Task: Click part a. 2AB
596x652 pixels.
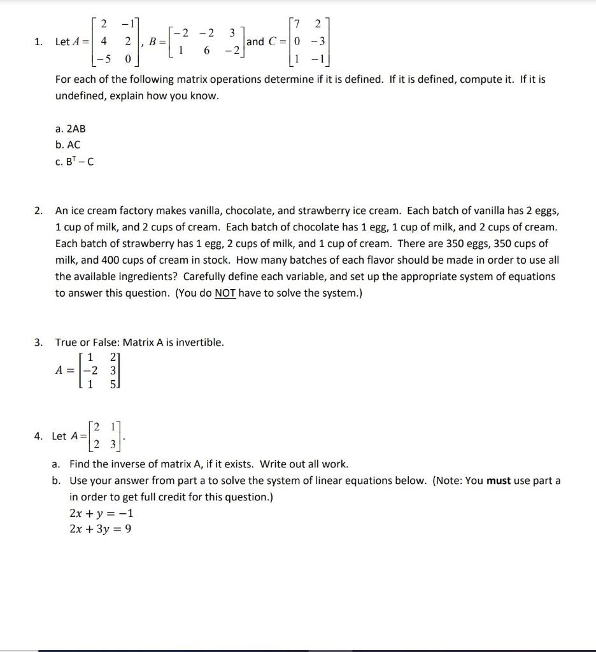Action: [x=70, y=129]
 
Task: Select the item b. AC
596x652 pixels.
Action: [x=68, y=145]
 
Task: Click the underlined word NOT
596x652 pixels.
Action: [x=225, y=294]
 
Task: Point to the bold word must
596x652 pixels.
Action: [x=499, y=481]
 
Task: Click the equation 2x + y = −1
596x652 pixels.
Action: [x=101, y=513]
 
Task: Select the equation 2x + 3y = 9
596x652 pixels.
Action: [x=101, y=529]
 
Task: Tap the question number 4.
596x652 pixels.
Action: [x=39, y=436]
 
